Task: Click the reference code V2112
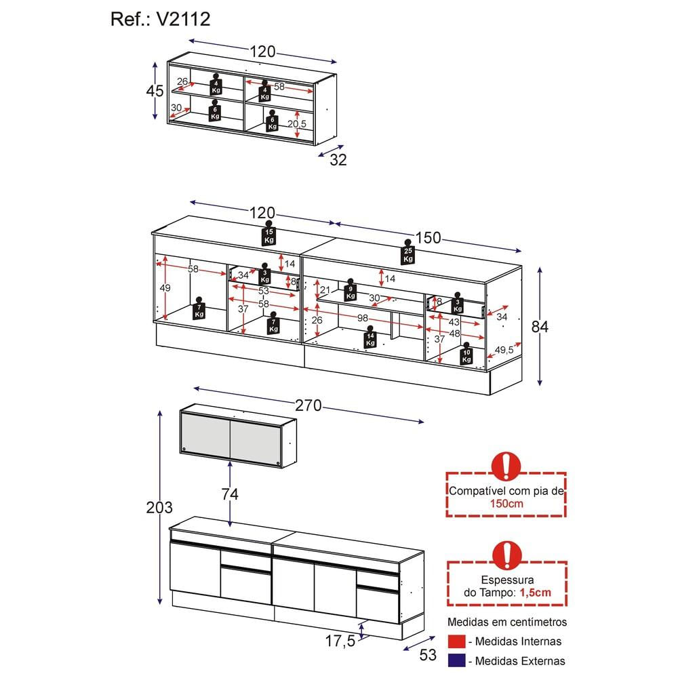coord(183,19)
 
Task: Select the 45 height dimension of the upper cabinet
coord(155,91)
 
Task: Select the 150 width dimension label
coord(428,238)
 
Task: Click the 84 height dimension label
coord(540,327)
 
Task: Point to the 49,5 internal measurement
coord(504,351)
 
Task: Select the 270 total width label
coord(308,406)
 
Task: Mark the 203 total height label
coord(159,507)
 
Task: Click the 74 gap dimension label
coord(230,494)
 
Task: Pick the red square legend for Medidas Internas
coord(457,641)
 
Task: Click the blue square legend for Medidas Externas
coord(457,660)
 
